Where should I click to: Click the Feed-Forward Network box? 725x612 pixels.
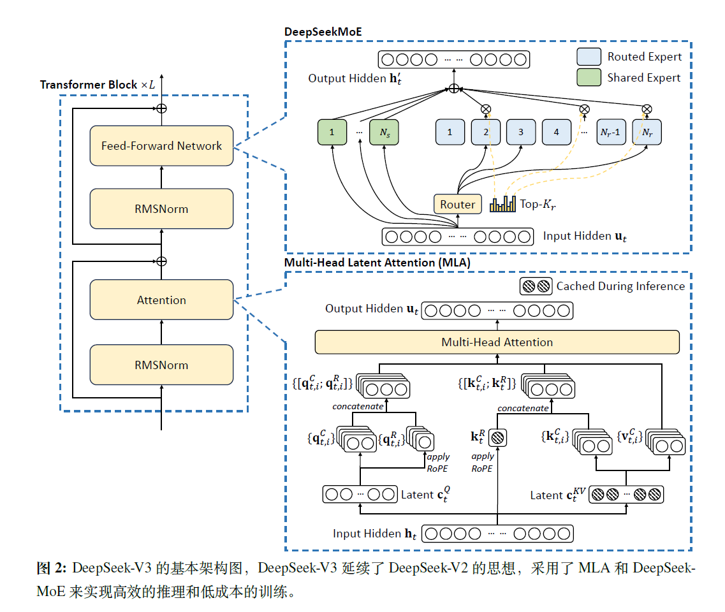coord(161,146)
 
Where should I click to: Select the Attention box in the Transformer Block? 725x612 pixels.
coord(161,300)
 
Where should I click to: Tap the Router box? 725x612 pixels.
coord(457,204)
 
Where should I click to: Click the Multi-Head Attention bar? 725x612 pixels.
coord(497,342)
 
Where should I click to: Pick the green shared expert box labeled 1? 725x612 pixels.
coord(332,132)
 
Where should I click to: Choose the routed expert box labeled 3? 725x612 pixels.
coord(521,132)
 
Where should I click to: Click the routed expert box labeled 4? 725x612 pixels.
coord(557,132)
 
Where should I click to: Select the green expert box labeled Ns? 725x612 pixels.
coord(384,132)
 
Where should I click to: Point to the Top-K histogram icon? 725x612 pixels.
coord(502,204)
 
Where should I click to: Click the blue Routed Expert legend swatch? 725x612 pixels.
coord(589,56)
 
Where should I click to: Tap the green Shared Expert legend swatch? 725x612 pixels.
coord(589,78)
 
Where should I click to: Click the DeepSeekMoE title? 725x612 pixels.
coord(323,31)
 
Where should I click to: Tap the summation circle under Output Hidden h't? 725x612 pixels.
coord(453,89)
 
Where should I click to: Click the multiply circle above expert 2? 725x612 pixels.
coord(486,109)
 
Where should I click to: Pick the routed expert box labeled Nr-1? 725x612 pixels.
coord(610,132)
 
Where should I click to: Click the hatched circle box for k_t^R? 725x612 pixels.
coord(497,438)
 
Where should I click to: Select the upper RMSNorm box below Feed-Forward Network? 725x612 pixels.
coord(161,208)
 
